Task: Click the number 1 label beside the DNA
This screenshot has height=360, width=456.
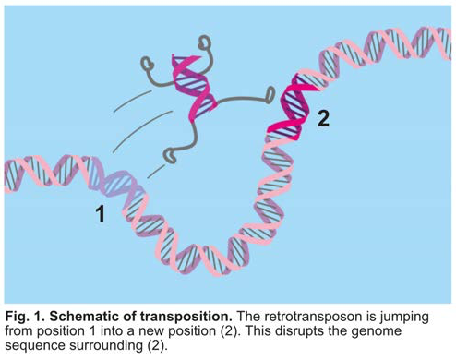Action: point(102,215)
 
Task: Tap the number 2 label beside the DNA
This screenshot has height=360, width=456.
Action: point(322,116)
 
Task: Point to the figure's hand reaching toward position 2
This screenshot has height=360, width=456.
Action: point(270,92)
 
